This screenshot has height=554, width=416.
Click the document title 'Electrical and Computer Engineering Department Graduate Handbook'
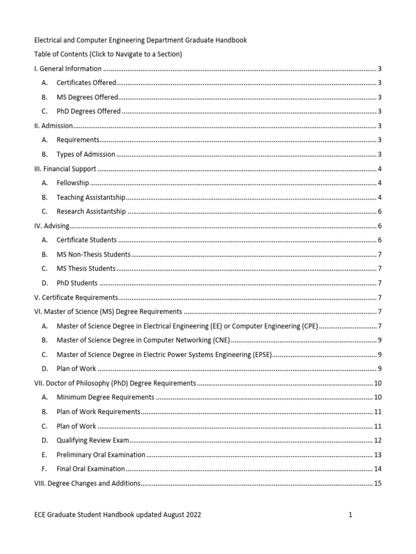point(140,39)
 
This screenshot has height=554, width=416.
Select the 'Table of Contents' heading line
point(108,54)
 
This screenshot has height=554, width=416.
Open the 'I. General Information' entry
point(68,69)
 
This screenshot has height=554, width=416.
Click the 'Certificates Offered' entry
point(86,83)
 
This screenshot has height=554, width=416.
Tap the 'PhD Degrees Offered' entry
point(88,111)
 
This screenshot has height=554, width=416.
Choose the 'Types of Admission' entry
point(86,154)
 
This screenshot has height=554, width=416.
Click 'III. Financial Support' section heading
point(65,169)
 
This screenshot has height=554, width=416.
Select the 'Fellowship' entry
point(73,183)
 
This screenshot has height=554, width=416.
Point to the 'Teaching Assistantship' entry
point(90,197)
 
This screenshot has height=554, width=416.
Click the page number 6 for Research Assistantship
point(380,212)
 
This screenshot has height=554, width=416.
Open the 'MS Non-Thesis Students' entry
point(93,254)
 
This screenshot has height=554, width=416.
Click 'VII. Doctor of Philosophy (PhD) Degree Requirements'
point(114,383)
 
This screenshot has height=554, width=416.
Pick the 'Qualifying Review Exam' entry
point(93,440)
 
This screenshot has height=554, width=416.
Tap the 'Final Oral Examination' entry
point(90,469)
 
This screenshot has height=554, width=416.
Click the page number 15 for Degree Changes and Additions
point(378,483)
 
